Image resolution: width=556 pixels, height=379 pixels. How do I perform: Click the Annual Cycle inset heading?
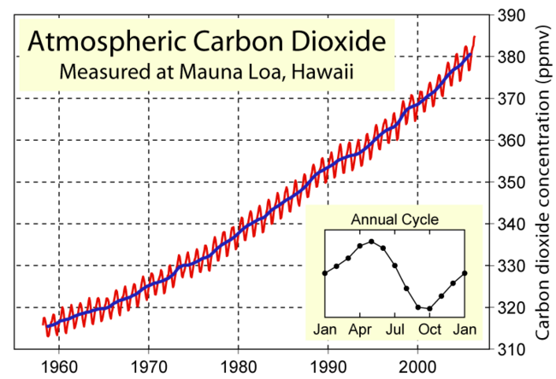click(393, 219)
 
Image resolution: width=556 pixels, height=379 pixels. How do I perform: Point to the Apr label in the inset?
click(359, 329)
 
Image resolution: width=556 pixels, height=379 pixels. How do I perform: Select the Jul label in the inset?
click(394, 329)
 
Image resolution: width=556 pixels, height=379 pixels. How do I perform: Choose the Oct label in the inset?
click(429, 329)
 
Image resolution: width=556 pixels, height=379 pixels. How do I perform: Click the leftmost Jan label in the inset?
click(324, 329)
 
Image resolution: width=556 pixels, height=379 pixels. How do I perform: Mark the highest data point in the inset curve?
click(371, 242)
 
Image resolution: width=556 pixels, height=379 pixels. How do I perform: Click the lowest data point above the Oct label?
click(429, 308)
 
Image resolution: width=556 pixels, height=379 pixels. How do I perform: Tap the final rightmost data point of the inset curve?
click(464, 273)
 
